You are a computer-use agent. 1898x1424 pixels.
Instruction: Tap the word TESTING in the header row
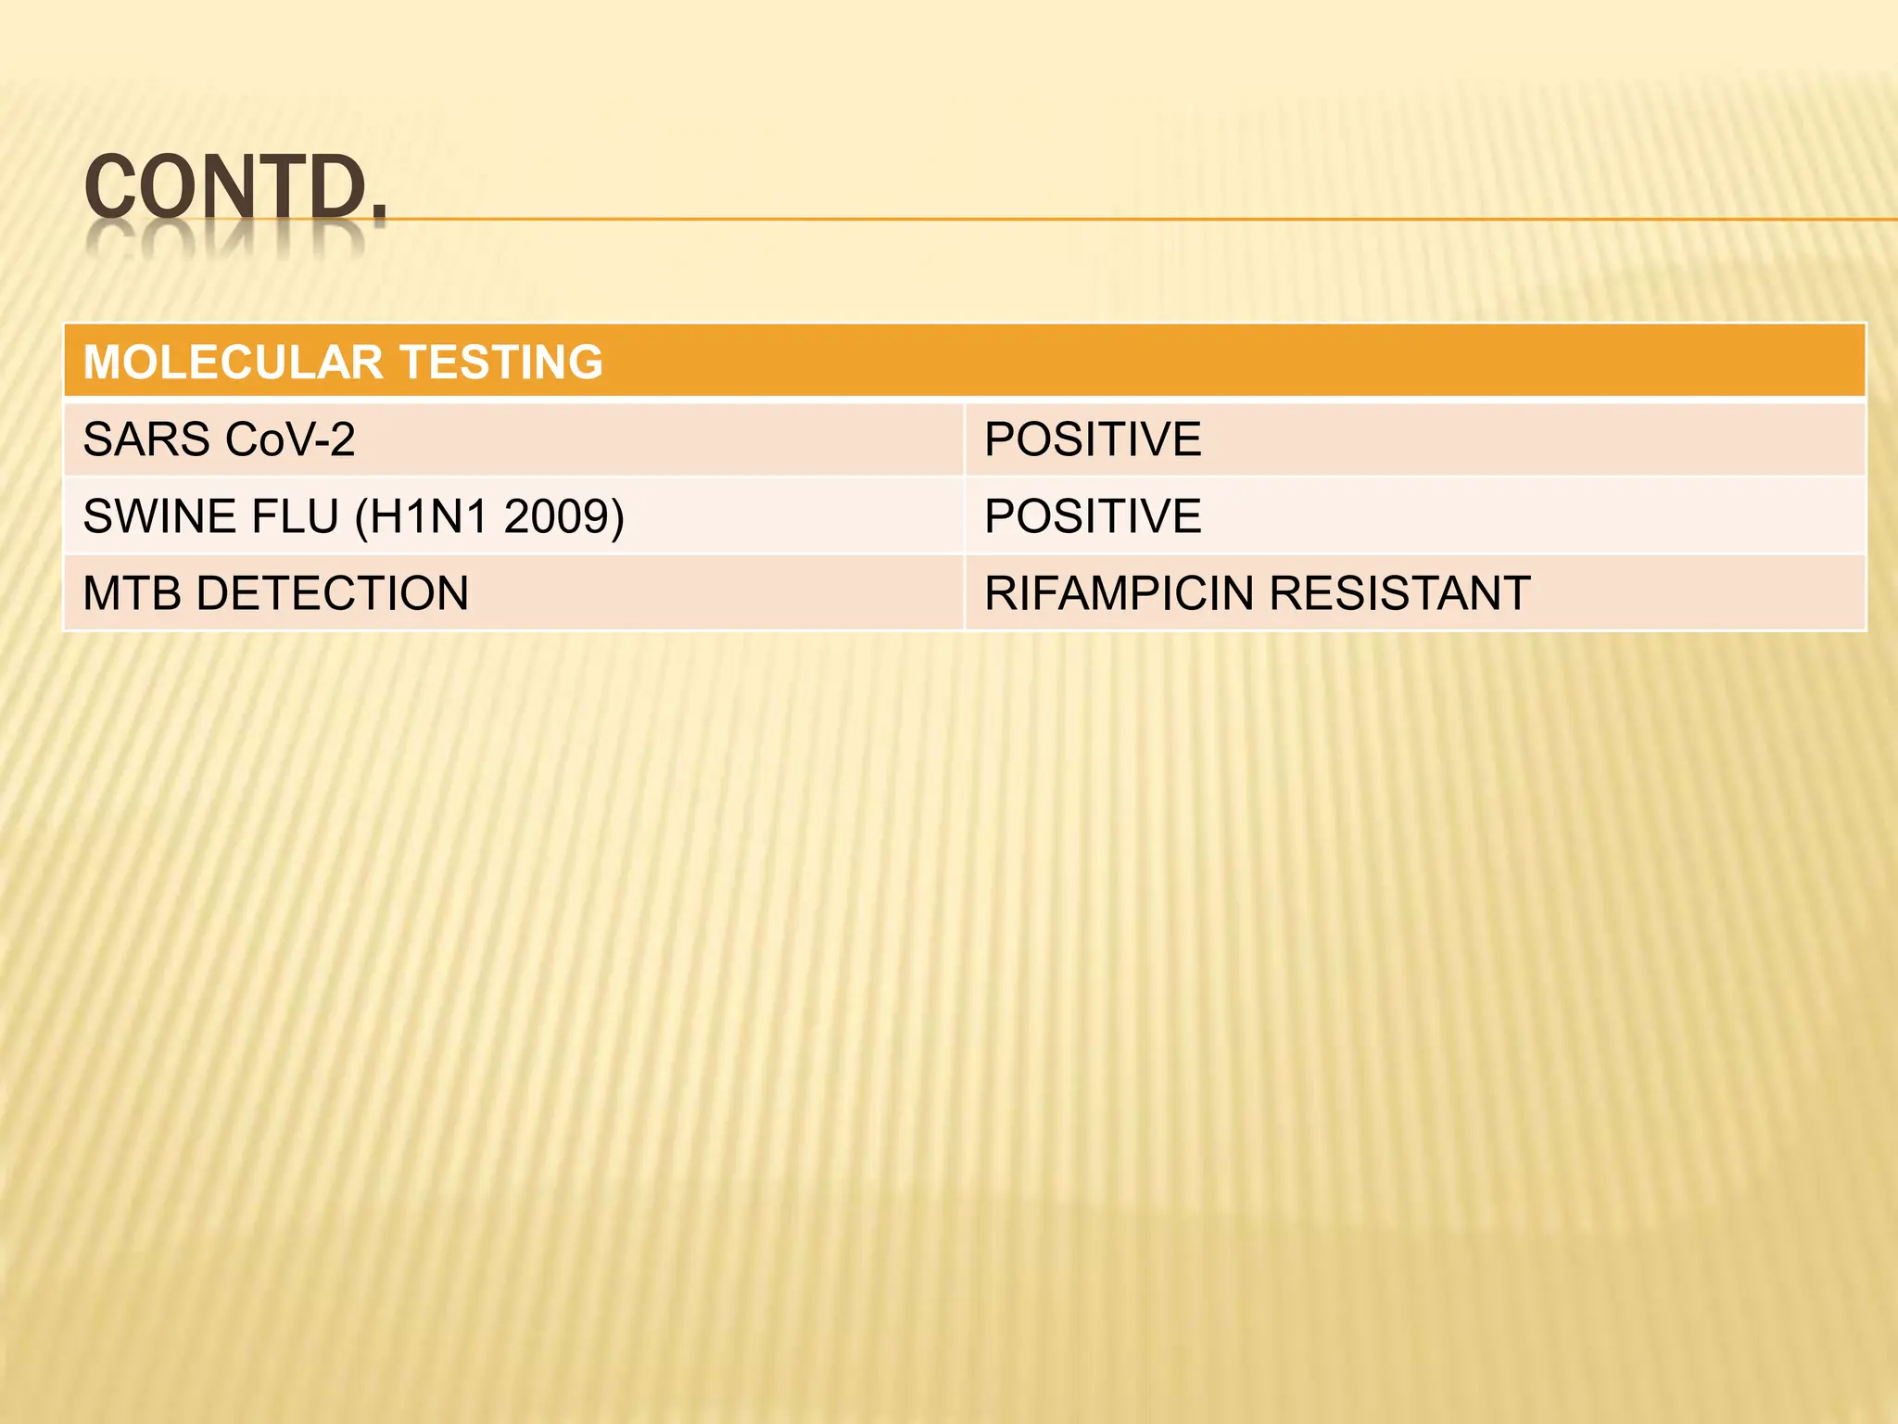pyautogui.click(x=500, y=362)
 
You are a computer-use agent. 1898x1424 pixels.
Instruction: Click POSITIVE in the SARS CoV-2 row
pyautogui.click(x=1093, y=439)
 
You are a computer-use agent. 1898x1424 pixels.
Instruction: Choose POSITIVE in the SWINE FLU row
pyautogui.click(x=1093, y=516)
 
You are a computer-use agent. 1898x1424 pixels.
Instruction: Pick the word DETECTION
pyautogui.click(x=333, y=593)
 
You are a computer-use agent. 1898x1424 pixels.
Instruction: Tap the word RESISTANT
pyautogui.click(x=1399, y=593)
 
